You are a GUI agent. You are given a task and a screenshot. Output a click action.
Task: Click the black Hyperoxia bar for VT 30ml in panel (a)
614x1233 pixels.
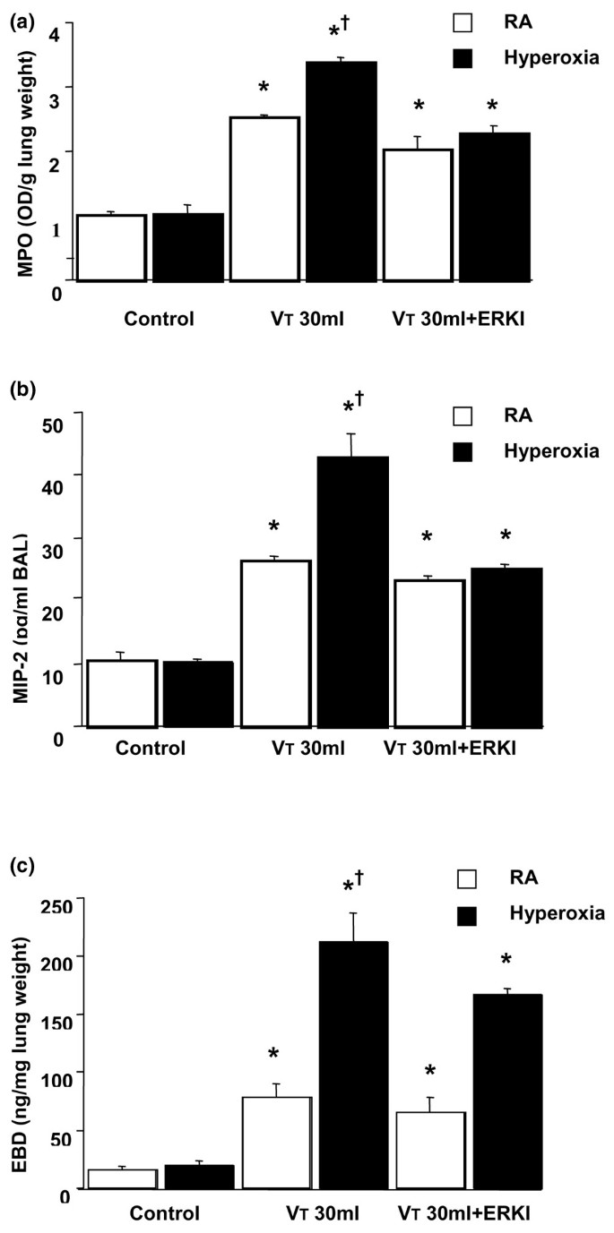pyautogui.click(x=341, y=171)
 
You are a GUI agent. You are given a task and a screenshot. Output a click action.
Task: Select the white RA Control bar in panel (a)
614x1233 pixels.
pyautogui.click(x=111, y=248)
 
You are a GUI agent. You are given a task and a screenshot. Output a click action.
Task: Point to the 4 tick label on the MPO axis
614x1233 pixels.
pyautogui.click(x=55, y=34)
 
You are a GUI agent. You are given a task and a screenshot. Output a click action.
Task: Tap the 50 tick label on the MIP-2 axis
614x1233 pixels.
pyautogui.click(x=60, y=419)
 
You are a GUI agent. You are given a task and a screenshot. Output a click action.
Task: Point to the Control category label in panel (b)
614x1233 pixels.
pyautogui.click(x=150, y=747)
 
